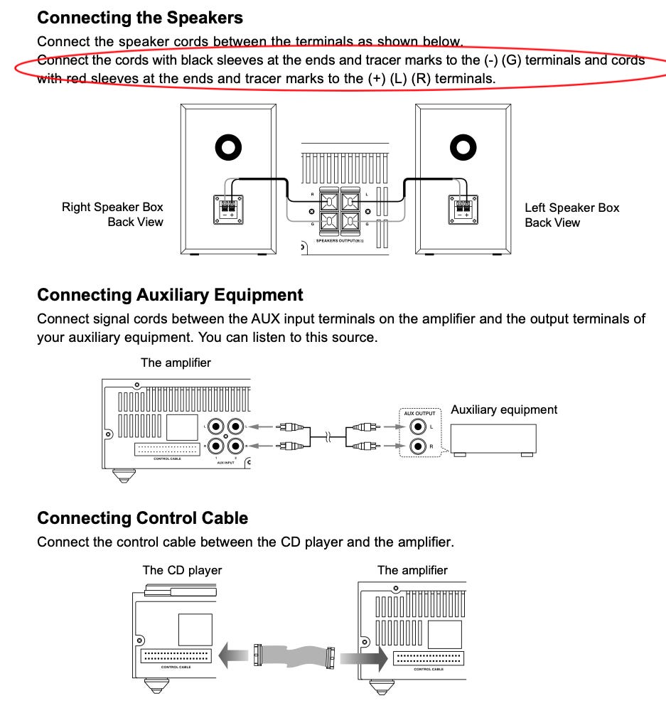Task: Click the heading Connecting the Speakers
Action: click(x=139, y=18)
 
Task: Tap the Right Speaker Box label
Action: click(x=112, y=208)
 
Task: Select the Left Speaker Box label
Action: click(x=571, y=208)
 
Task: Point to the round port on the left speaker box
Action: click(x=463, y=149)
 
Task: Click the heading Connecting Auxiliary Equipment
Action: click(x=170, y=295)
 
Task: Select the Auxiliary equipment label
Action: click(x=504, y=409)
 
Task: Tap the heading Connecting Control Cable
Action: click(x=142, y=518)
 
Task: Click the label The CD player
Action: click(x=182, y=570)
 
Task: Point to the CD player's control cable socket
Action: click(x=176, y=656)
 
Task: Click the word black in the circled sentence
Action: click(x=179, y=60)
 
